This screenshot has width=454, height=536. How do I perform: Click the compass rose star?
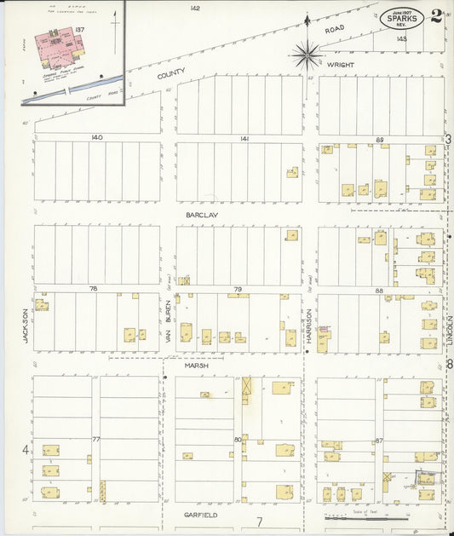305,55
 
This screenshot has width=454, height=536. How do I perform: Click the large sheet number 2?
436,14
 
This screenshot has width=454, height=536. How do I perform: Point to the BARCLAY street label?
203,216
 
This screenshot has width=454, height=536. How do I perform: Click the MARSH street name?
197,365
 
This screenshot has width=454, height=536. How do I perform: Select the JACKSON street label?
26,326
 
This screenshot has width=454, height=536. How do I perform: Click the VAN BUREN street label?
169,323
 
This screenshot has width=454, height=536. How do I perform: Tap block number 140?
96,137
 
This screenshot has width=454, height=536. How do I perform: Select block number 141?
244,137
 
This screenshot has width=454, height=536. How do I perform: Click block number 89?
380,139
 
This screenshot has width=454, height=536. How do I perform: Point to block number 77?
96,439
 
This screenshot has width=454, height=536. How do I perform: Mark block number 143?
401,38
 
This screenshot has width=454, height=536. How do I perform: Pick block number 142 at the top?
195,8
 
